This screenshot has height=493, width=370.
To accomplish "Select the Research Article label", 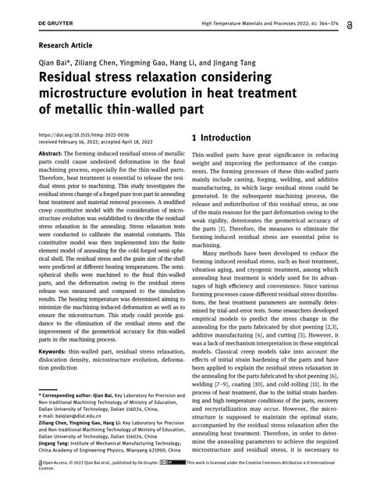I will [x=65, y=46].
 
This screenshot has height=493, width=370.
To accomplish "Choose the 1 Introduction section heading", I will [x=222, y=138].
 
